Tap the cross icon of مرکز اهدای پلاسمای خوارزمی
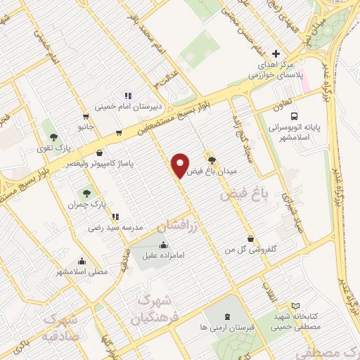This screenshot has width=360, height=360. coord(276,53)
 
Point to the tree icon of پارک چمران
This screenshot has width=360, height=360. coord(86,192)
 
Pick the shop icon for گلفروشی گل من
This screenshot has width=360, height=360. coord(251,238)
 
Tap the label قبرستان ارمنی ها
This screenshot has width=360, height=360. coord(224,328)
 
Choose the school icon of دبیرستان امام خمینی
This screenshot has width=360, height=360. coord(127,96)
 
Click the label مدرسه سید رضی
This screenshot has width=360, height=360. coord(115,228)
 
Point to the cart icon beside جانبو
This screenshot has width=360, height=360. coord(86,117)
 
